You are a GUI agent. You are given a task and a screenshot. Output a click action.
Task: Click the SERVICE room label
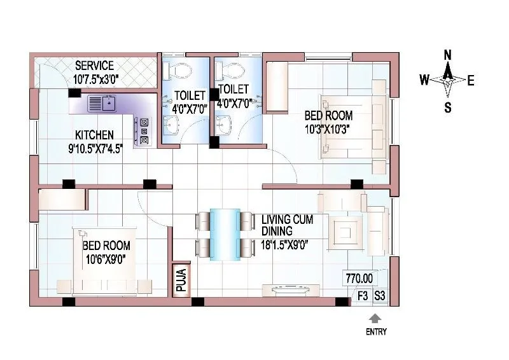[x=94, y=66]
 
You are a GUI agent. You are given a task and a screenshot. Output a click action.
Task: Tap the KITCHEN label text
[x=94, y=135]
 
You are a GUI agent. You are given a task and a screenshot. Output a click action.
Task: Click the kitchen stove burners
[x=144, y=130]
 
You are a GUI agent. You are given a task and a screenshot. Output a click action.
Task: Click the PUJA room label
[x=181, y=280]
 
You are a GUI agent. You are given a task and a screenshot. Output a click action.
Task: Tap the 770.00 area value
[x=359, y=278]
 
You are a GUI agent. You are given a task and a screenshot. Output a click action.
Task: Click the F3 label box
[x=363, y=295]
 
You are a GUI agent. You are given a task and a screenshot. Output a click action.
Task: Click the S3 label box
[x=379, y=295]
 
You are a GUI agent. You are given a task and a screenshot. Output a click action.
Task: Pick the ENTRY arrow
[x=375, y=318]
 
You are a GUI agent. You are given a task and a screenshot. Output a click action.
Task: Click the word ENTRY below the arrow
[x=375, y=331]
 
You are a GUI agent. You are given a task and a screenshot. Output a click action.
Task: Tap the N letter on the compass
[x=448, y=55]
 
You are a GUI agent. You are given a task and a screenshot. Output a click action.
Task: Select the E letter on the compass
[x=471, y=80]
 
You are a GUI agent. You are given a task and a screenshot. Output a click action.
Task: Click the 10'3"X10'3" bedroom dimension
[x=328, y=128]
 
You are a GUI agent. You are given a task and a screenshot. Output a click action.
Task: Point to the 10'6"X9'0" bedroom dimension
[x=106, y=258]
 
